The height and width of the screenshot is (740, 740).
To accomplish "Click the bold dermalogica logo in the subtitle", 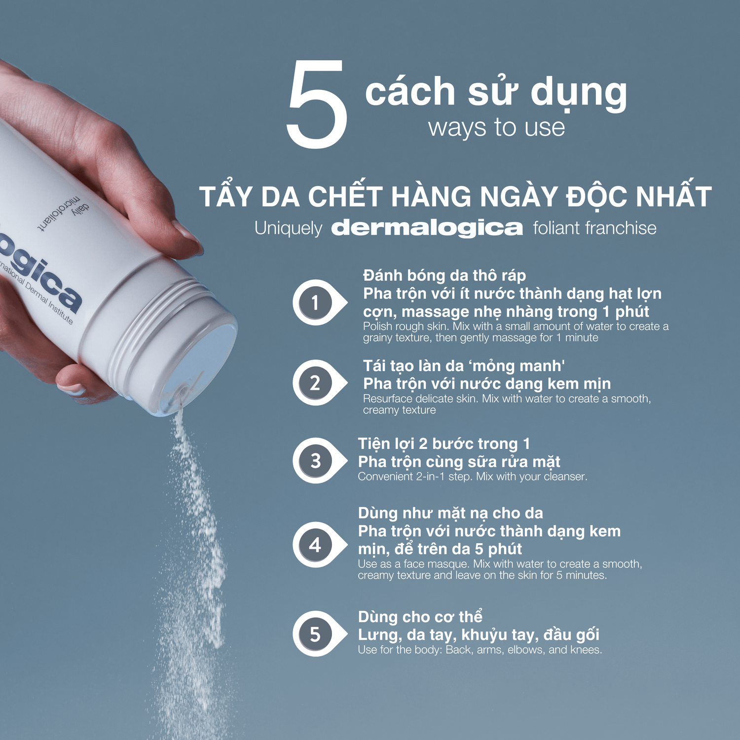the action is click(427, 228).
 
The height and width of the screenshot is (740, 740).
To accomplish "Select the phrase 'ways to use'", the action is click(496, 127).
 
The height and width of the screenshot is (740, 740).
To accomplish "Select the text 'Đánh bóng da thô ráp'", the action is click(444, 275).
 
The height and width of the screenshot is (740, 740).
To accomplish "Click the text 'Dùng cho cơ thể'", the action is click(420, 616).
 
